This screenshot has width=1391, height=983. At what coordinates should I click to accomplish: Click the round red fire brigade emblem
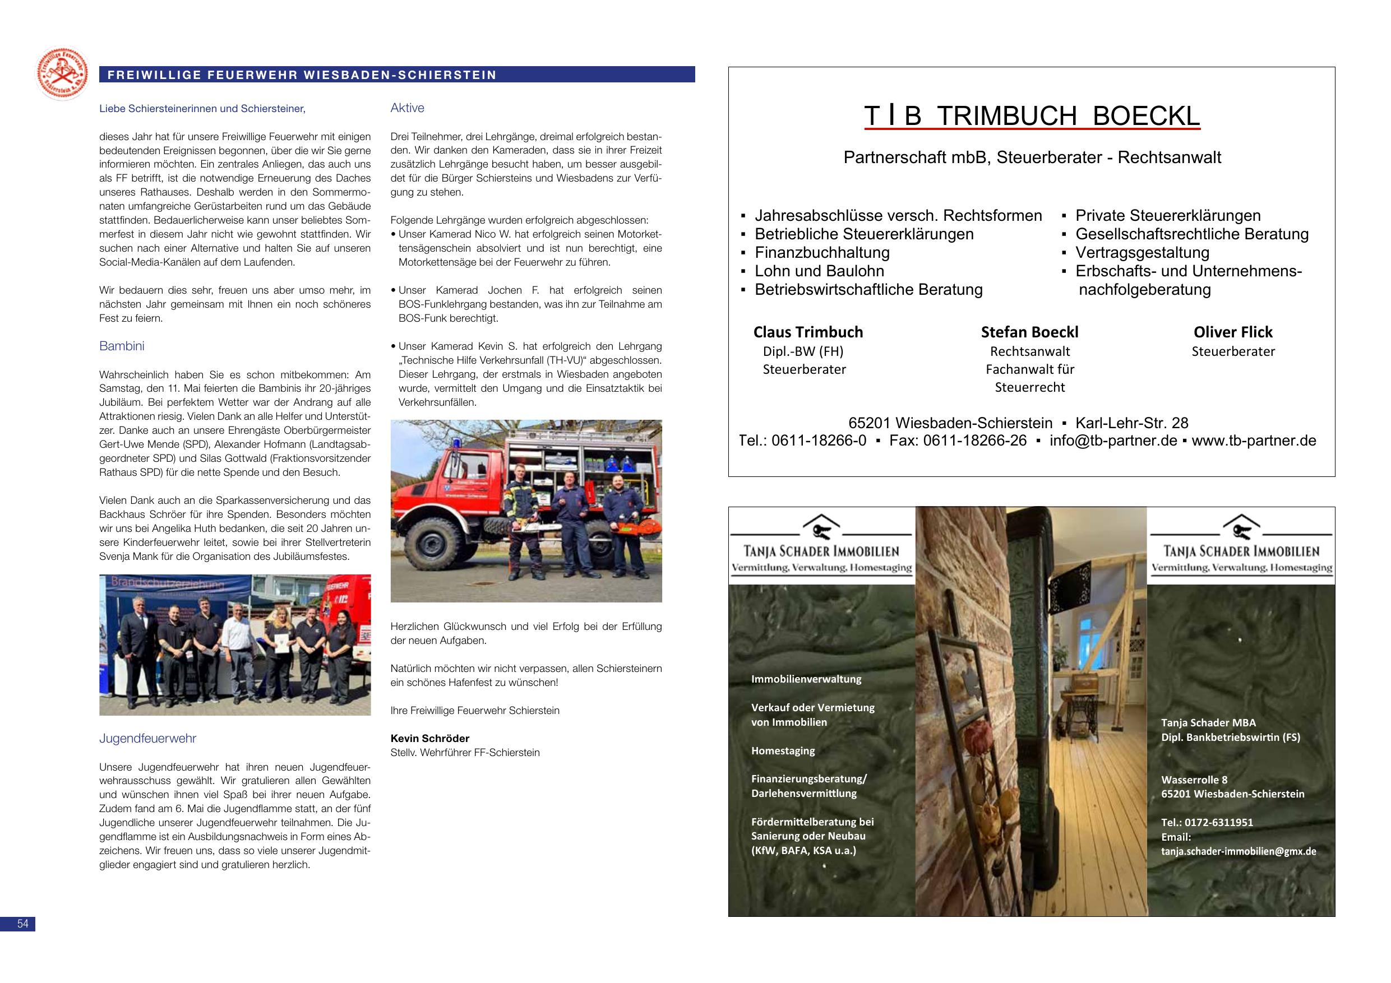(x=62, y=74)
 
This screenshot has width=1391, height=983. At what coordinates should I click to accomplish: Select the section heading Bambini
(x=122, y=346)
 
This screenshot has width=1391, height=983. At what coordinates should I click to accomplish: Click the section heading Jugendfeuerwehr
(x=148, y=738)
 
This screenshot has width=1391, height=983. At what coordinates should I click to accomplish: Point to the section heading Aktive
(x=407, y=108)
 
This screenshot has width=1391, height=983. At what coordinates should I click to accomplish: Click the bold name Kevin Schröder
(x=429, y=738)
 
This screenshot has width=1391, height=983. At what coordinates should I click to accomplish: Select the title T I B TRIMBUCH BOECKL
(x=1031, y=116)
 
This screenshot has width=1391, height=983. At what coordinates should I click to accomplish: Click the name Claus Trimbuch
(x=807, y=332)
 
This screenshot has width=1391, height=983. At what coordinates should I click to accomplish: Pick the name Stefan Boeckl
(x=1029, y=332)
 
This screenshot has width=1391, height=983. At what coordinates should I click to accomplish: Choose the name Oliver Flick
(x=1233, y=332)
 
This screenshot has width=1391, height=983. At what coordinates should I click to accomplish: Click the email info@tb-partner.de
(x=1113, y=441)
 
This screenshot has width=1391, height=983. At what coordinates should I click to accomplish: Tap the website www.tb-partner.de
(x=1254, y=441)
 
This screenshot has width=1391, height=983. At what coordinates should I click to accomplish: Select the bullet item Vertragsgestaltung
(x=1142, y=253)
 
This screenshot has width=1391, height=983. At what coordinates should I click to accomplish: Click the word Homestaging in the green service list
(x=783, y=750)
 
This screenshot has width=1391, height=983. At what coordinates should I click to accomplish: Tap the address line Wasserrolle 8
(x=1194, y=780)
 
